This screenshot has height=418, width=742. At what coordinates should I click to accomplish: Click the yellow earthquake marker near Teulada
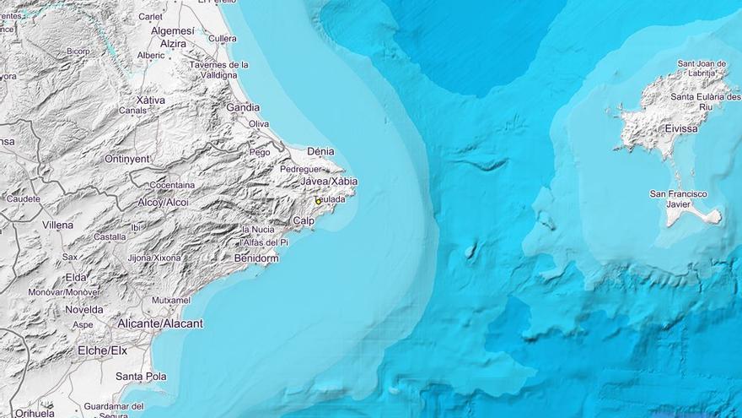click(x=318, y=201)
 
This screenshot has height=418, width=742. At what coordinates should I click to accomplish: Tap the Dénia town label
click(x=320, y=152)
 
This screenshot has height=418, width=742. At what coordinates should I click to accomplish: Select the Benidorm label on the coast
click(x=256, y=258)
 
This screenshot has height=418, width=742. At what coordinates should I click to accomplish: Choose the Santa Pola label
click(x=141, y=377)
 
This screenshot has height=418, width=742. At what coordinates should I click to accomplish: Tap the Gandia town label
click(x=243, y=107)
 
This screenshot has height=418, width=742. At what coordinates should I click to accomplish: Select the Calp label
click(x=304, y=221)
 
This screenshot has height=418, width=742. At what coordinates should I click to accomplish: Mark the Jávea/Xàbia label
click(x=330, y=182)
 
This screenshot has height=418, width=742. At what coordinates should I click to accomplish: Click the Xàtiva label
click(x=151, y=100)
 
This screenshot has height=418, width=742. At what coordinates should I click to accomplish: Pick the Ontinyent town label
click(x=127, y=159)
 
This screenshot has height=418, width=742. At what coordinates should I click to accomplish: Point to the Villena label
click(x=57, y=225)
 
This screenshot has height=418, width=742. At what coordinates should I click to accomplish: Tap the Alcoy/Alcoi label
click(x=164, y=203)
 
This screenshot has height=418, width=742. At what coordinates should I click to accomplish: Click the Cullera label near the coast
click(x=223, y=39)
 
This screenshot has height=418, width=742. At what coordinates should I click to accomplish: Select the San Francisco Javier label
click(x=678, y=198)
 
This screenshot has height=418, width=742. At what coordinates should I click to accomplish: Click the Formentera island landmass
click(x=696, y=215)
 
